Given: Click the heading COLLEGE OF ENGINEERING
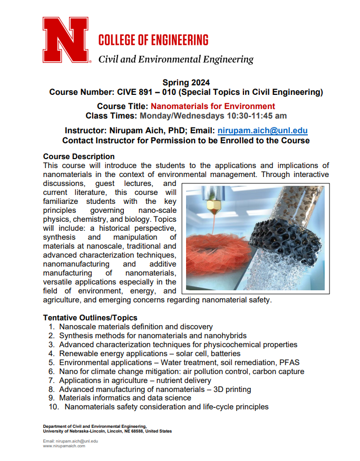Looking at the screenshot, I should [x=153, y=40].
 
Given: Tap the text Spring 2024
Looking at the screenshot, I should [x=186, y=82].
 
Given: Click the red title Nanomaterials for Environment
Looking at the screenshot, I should [x=213, y=106].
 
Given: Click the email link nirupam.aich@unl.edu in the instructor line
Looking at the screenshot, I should [x=262, y=131].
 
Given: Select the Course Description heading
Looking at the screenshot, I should [x=79, y=156].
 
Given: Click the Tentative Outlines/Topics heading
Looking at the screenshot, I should [x=90, y=318].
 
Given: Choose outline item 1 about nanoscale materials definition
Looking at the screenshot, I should [x=136, y=327].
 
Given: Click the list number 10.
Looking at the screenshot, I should [x=53, y=407].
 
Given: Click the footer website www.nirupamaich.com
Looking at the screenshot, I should [x=64, y=446].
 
